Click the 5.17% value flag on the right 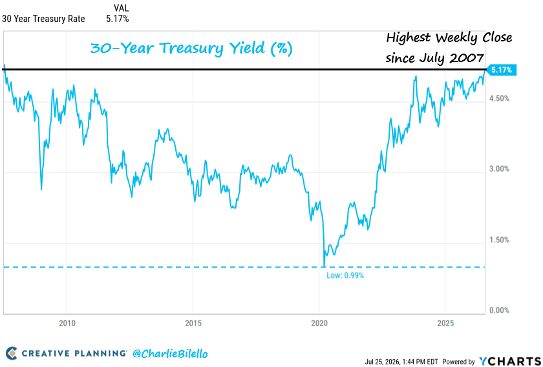click(x=501, y=70)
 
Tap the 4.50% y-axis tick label click(x=499, y=98)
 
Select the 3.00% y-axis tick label click(x=499, y=169)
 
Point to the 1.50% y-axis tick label click(x=499, y=240)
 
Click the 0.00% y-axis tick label click(x=499, y=310)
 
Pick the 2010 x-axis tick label click(x=67, y=323)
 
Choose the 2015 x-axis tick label click(x=193, y=323)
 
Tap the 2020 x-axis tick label click(x=319, y=323)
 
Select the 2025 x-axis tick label click(x=445, y=323)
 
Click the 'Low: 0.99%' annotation click(x=345, y=276)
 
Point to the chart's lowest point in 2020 click(x=324, y=266)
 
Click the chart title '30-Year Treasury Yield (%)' click(x=191, y=48)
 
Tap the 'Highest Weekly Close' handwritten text click(x=449, y=37)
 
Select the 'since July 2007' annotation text click(x=434, y=58)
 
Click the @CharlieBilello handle click(x=170, y=353)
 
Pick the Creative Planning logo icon click(x=12, y=353)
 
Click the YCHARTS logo click(x=510, y=361)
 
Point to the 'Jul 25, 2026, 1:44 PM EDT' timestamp click(x=401, y=362)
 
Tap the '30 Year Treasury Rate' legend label click(x=43, y=19)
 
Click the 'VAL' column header click(x=122, y=8)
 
